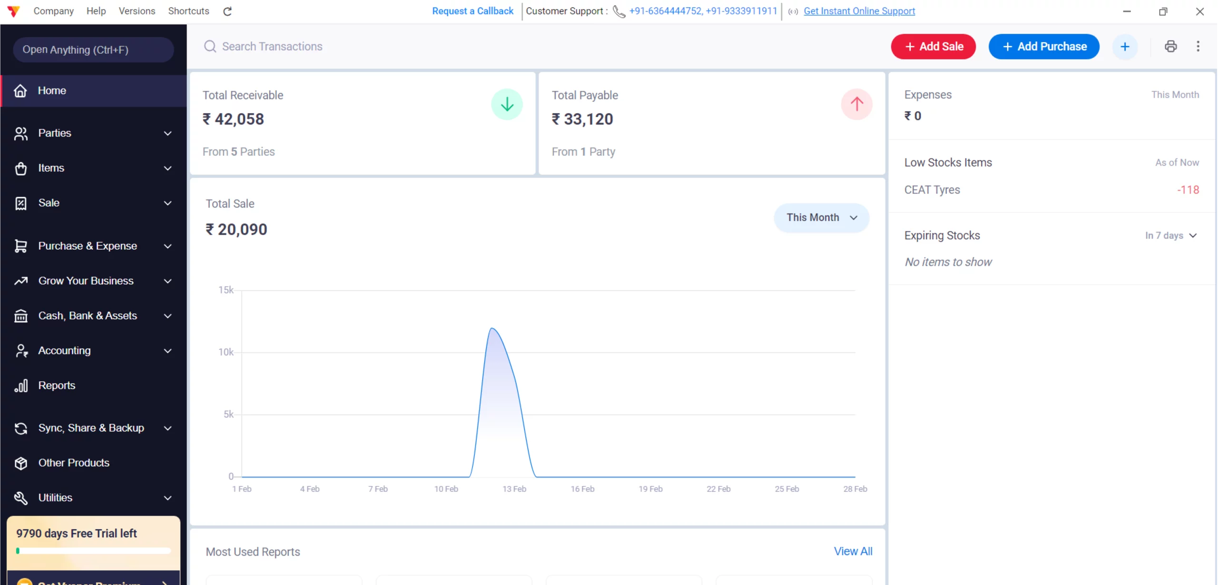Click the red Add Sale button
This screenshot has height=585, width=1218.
(933, 47)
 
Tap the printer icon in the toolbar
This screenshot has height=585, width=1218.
(1170, 47)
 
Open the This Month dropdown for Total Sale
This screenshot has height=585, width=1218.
(821, 218)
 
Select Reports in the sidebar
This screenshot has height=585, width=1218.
(57, 385)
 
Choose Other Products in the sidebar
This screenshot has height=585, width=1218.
(74, 463)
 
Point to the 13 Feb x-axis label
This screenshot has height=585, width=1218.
(514, 489)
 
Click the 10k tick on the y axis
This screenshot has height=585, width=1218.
(226, 352)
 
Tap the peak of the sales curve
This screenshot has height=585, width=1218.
(492, 328)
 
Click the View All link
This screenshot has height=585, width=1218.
(853, 551)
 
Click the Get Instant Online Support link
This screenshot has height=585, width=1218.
(859, 11)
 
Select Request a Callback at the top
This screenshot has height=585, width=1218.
(472, 11)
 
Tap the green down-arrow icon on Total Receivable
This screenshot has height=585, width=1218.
(507, 104)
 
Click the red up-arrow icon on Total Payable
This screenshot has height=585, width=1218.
(856, 104)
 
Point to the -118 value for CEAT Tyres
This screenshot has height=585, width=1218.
(1188, 190)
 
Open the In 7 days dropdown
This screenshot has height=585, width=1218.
(1171, 236)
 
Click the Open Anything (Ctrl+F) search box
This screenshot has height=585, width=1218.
(93, 50)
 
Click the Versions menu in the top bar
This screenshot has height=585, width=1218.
(137, 11)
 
